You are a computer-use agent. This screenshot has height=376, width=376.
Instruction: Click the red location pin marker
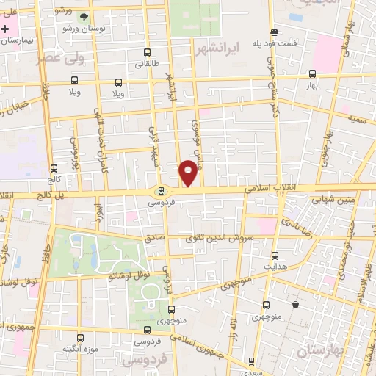coord(189,173)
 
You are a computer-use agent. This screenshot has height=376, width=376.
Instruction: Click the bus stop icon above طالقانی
coord(148,53)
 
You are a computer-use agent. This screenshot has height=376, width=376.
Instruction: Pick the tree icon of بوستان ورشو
coord(84,16)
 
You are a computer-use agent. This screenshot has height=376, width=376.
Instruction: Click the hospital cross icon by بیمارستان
coord(6,29)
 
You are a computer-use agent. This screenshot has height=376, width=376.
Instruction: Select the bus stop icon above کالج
coord(53,169)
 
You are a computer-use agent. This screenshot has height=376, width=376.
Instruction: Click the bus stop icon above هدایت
coord(275,256)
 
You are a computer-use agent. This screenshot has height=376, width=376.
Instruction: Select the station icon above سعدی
coord(252,361)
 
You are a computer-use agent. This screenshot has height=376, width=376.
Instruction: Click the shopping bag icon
coord(294,304)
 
